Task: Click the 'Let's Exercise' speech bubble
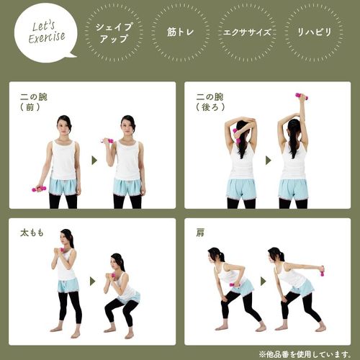45,32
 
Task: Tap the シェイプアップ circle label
114,32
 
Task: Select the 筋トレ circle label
180,32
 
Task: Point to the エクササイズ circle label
247,32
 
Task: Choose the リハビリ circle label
314,32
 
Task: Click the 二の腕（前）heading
34,102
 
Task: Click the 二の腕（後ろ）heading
210,102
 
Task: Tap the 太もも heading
32,233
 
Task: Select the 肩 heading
200,233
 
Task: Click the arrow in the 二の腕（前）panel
94,161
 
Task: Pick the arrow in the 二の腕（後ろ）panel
269,161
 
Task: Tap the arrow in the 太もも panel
92,282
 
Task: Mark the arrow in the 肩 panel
264,282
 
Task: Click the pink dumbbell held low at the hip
39,189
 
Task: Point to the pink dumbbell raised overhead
302,96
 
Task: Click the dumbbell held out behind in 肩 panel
321,271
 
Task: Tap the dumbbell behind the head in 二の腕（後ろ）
236,135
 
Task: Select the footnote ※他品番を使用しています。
305,354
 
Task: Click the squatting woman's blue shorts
130,298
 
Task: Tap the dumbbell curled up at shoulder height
107,140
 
